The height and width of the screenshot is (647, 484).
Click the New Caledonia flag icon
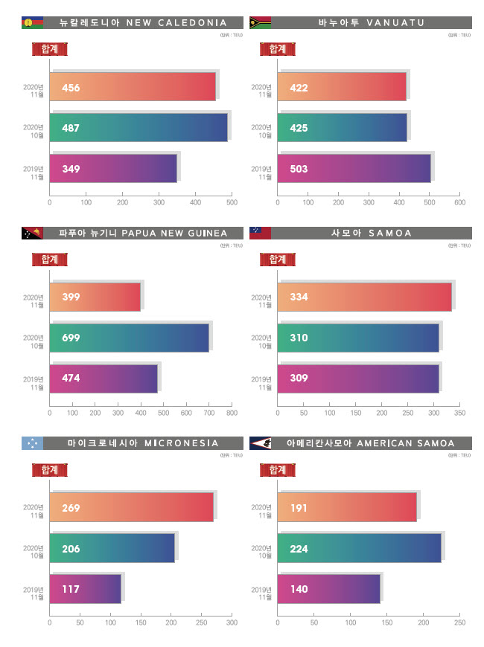[x=32, y=22]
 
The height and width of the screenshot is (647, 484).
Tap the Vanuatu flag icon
[x=260, y=22]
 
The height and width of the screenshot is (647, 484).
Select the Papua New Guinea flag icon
[x=32, y=233]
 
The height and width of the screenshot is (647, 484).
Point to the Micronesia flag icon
[x=32, y=443]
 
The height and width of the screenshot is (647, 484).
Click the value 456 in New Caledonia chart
[x=71, y=88]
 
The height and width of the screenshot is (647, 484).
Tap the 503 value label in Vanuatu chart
[x=299, y=169]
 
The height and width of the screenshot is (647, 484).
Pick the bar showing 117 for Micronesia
[x=85, y=589]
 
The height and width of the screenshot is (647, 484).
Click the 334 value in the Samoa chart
[x=299, y=297]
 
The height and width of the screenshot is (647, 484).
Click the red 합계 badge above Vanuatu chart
[x=277, y=49]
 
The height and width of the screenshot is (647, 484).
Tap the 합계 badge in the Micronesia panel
[x=50, y=470]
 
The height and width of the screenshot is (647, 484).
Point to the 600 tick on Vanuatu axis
[x=459, y=202]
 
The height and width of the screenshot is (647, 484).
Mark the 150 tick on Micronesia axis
[x=141, y=622]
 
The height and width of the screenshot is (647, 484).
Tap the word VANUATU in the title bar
[x=395, y=22]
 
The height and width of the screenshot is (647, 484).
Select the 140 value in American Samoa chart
[x=299, y=589]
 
